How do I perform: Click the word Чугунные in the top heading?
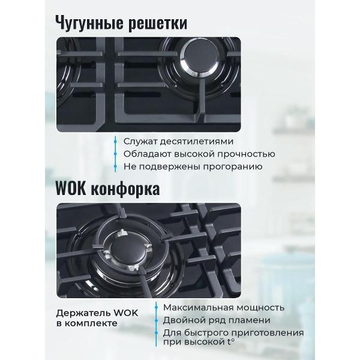[91, 23]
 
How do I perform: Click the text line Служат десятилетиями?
[169, 142]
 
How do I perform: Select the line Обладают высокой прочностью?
[191, 154]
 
